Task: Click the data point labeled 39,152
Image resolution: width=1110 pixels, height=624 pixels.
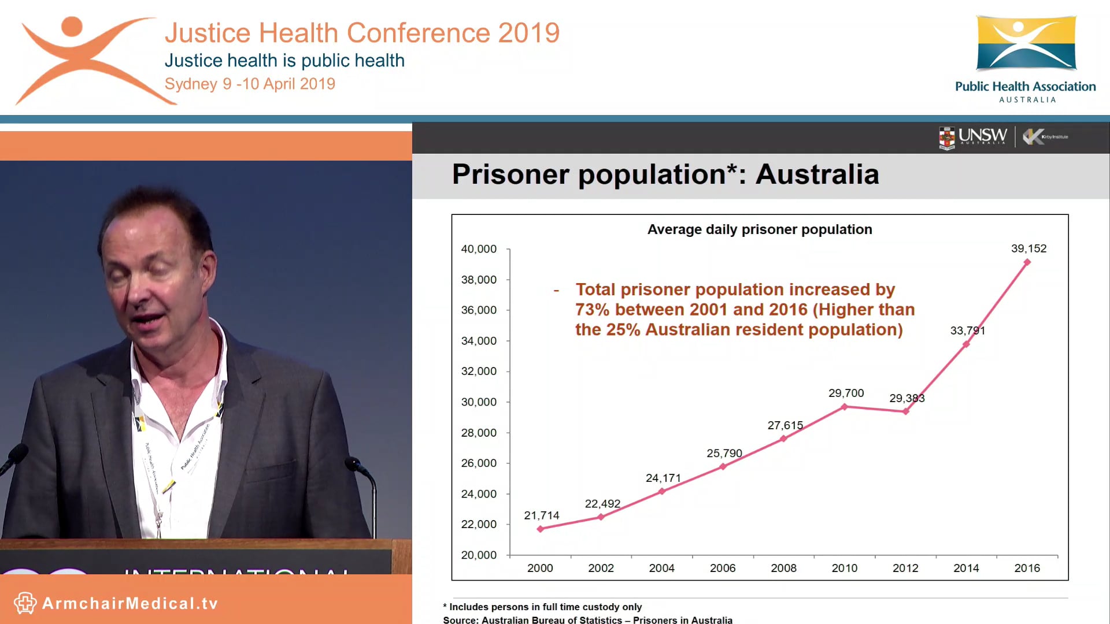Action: (1027, 262)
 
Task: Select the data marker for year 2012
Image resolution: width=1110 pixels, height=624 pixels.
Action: (905, 411)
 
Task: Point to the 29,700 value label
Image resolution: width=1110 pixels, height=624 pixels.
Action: (846, 393)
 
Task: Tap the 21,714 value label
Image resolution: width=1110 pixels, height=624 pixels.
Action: (541, 515)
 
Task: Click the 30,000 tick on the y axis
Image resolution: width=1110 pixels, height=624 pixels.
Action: (479, 402)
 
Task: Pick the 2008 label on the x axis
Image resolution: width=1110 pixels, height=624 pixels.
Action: (783, 568)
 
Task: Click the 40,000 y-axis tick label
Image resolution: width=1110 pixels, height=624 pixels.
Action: (479, 249)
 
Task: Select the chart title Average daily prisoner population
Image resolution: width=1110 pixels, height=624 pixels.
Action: (759, 229)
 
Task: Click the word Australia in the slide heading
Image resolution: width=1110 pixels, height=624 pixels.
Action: (817, 174)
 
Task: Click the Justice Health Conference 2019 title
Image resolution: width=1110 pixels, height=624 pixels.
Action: (362, 33)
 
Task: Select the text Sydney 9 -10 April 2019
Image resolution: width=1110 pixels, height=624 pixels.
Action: (250, 84)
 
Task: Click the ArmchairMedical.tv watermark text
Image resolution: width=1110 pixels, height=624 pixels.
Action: (130, 604)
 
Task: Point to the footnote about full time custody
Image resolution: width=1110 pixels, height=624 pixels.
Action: (542, 607)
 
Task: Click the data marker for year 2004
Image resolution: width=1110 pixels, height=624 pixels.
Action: (662, 491)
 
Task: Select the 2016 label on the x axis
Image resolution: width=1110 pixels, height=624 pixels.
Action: (1027, 568)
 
